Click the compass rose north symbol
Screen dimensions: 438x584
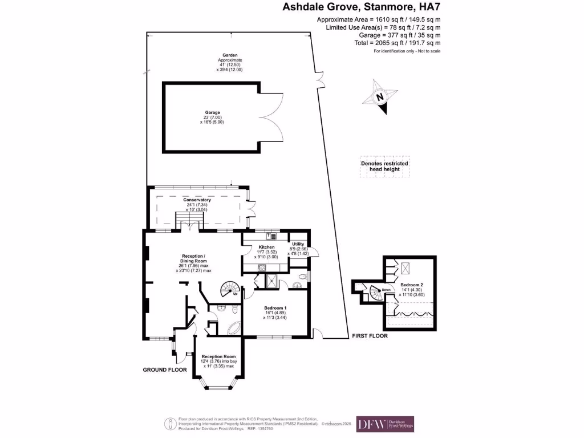(380, 98)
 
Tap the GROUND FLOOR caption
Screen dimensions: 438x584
(165, 370)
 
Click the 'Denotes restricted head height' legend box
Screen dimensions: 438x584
(384, 167)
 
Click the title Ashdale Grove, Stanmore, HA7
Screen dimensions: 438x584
(362, 7)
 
